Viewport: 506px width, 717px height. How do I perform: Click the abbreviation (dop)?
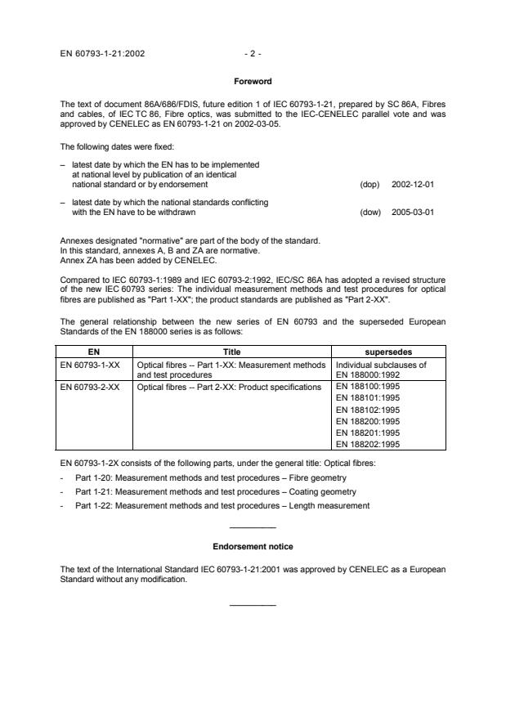pos(370,184)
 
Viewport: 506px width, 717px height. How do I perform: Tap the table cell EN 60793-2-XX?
pos(91,387)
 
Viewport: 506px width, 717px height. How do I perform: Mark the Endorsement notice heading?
pos(253,546)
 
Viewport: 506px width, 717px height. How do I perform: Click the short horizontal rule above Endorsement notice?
pos(253,528)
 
